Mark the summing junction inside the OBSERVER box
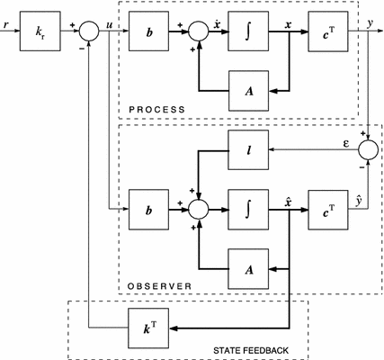point(199,208)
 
